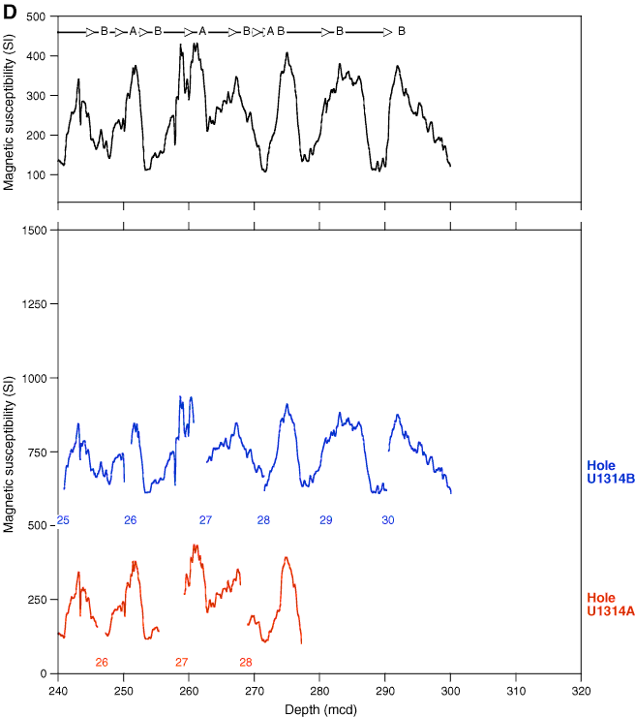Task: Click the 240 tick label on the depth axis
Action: point(58,692)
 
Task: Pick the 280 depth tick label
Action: point(319,692)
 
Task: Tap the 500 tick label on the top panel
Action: point(40,17)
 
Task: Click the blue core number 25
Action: point(63,520)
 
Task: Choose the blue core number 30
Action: point(387,520)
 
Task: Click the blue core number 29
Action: point(326,520)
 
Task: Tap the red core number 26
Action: point(102,662)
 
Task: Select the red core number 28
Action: point(246,662)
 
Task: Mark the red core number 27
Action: point(181,662)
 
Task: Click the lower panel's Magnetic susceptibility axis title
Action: point(9,451)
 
